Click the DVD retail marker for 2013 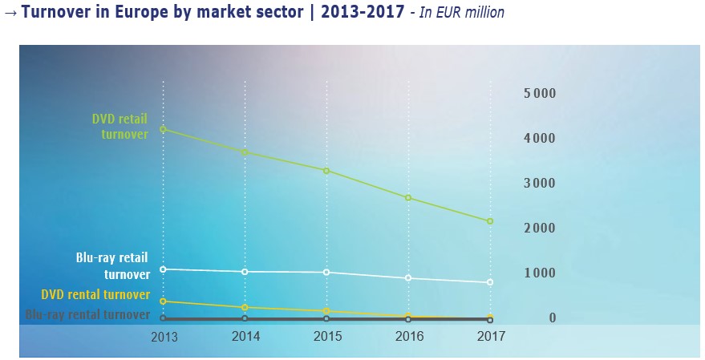163,129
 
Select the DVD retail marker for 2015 326,171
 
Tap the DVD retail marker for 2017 490,221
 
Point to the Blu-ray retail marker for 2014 245,272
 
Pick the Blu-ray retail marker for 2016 408,278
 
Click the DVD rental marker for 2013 163,301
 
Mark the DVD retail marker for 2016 408,198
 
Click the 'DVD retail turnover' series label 120,127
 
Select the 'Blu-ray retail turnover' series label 112,266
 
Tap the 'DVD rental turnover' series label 99,295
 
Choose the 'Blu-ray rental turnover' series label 88,315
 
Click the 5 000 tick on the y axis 540,94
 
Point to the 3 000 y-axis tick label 540,184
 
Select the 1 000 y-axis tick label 540,273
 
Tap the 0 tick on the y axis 552,318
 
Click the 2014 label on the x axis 245,337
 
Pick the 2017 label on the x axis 490,337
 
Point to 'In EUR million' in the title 457,14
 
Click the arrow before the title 11,14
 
